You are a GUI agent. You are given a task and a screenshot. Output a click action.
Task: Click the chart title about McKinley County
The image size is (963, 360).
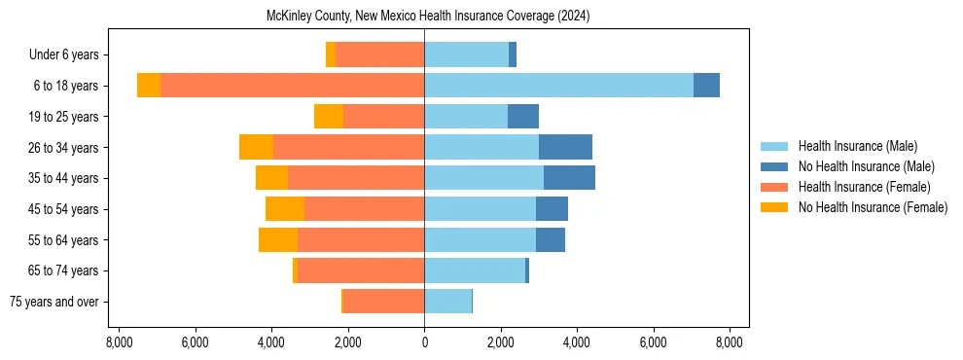pyautogui.click(x=428, y=17)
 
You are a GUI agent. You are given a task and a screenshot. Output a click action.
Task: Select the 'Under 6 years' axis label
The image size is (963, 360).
pyautogui.click(x=69, y=55)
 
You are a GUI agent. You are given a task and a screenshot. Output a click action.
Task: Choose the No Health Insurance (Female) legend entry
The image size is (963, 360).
pyautogui.click(x=873, y=207)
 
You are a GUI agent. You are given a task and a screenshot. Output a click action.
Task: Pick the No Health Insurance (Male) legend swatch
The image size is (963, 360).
pyautogui.click(x=775, y=166)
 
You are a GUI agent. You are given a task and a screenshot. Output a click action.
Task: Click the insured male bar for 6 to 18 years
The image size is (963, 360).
pyautogui.click(x=558, y=86)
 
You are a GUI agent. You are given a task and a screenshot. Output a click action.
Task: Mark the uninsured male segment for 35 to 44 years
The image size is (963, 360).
pyautogui.click(x=569, y=178)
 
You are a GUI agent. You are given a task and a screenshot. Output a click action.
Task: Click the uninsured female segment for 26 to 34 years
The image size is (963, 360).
pyautogui.click(x=256, y=147)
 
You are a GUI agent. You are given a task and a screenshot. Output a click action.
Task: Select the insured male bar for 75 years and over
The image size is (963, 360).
pyautogui.click(x=447, y=302)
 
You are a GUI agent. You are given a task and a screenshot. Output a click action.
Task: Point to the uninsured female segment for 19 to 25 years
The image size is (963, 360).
pyautogui.click(x=329, y=117)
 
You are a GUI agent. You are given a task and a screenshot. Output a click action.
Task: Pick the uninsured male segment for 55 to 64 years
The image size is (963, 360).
pyautogui.click(x=550, y=239)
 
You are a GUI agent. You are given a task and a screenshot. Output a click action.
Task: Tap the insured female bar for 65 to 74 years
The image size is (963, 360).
pyautogui.click(x=361, y=270)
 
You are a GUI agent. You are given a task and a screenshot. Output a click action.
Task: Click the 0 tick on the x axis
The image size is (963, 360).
pyautogui.click(x=424, y=342)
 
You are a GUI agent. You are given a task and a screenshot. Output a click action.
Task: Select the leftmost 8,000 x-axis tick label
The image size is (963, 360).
pyautogui.click(x=119, y=342)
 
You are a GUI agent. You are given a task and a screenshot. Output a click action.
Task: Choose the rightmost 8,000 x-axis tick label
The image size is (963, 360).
pyautogui.click(x=730, y=342)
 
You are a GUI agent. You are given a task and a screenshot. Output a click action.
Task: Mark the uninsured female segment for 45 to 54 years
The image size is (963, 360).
pyautogui.click(x=285, y=209)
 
